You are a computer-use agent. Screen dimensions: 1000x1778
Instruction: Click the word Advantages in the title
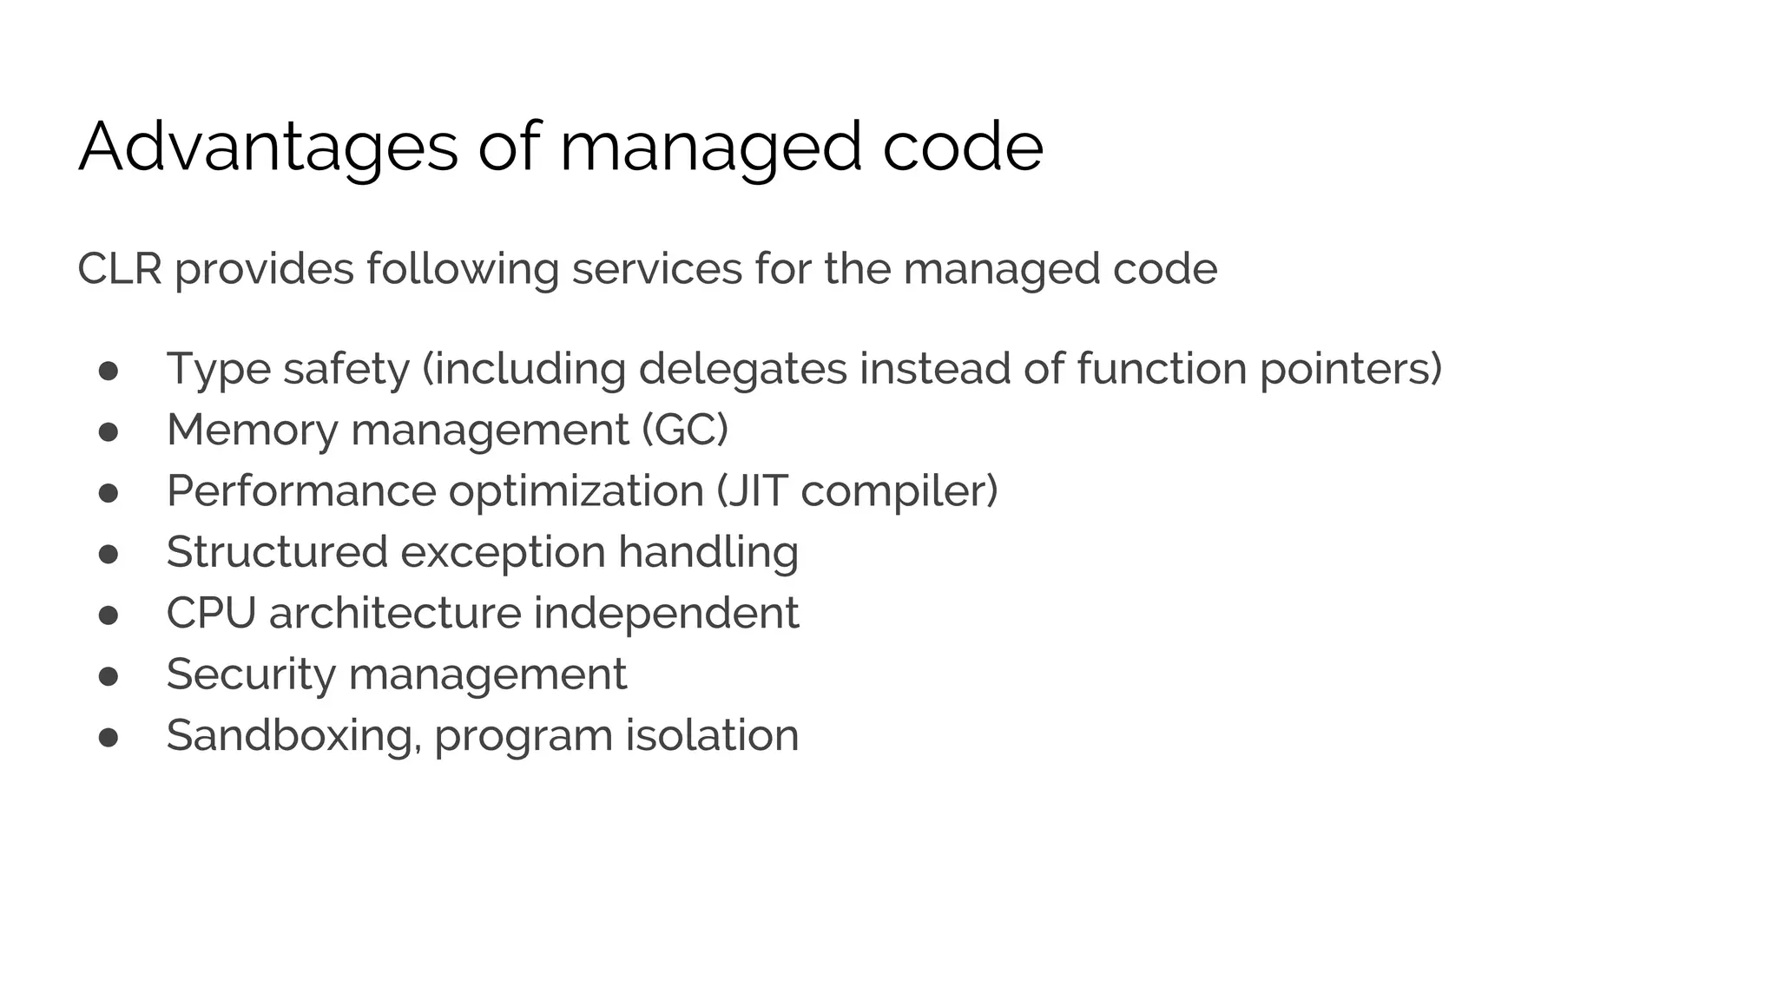(x=267, y=148)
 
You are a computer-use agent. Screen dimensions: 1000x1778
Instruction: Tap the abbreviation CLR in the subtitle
(x=120, y=268)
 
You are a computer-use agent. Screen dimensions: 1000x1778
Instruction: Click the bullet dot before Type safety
(x=109, y=371)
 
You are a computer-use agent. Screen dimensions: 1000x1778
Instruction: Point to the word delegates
(x=742, y=369)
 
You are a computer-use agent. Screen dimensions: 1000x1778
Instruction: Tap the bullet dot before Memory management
(x=109, y=431)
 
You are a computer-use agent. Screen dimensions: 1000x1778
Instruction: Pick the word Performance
(x=301, y=491)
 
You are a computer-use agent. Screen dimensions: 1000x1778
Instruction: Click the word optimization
(x=576, y=491)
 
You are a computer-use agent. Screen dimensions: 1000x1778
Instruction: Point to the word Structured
(x=277, y=552)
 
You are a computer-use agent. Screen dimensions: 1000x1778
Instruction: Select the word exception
(x=503, y=552)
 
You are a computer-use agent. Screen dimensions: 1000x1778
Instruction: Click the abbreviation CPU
(x=211, y=613)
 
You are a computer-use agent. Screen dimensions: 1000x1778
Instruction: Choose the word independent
(x=665, y=613)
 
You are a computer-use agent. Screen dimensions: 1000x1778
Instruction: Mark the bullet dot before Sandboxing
(x=109, y=737)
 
